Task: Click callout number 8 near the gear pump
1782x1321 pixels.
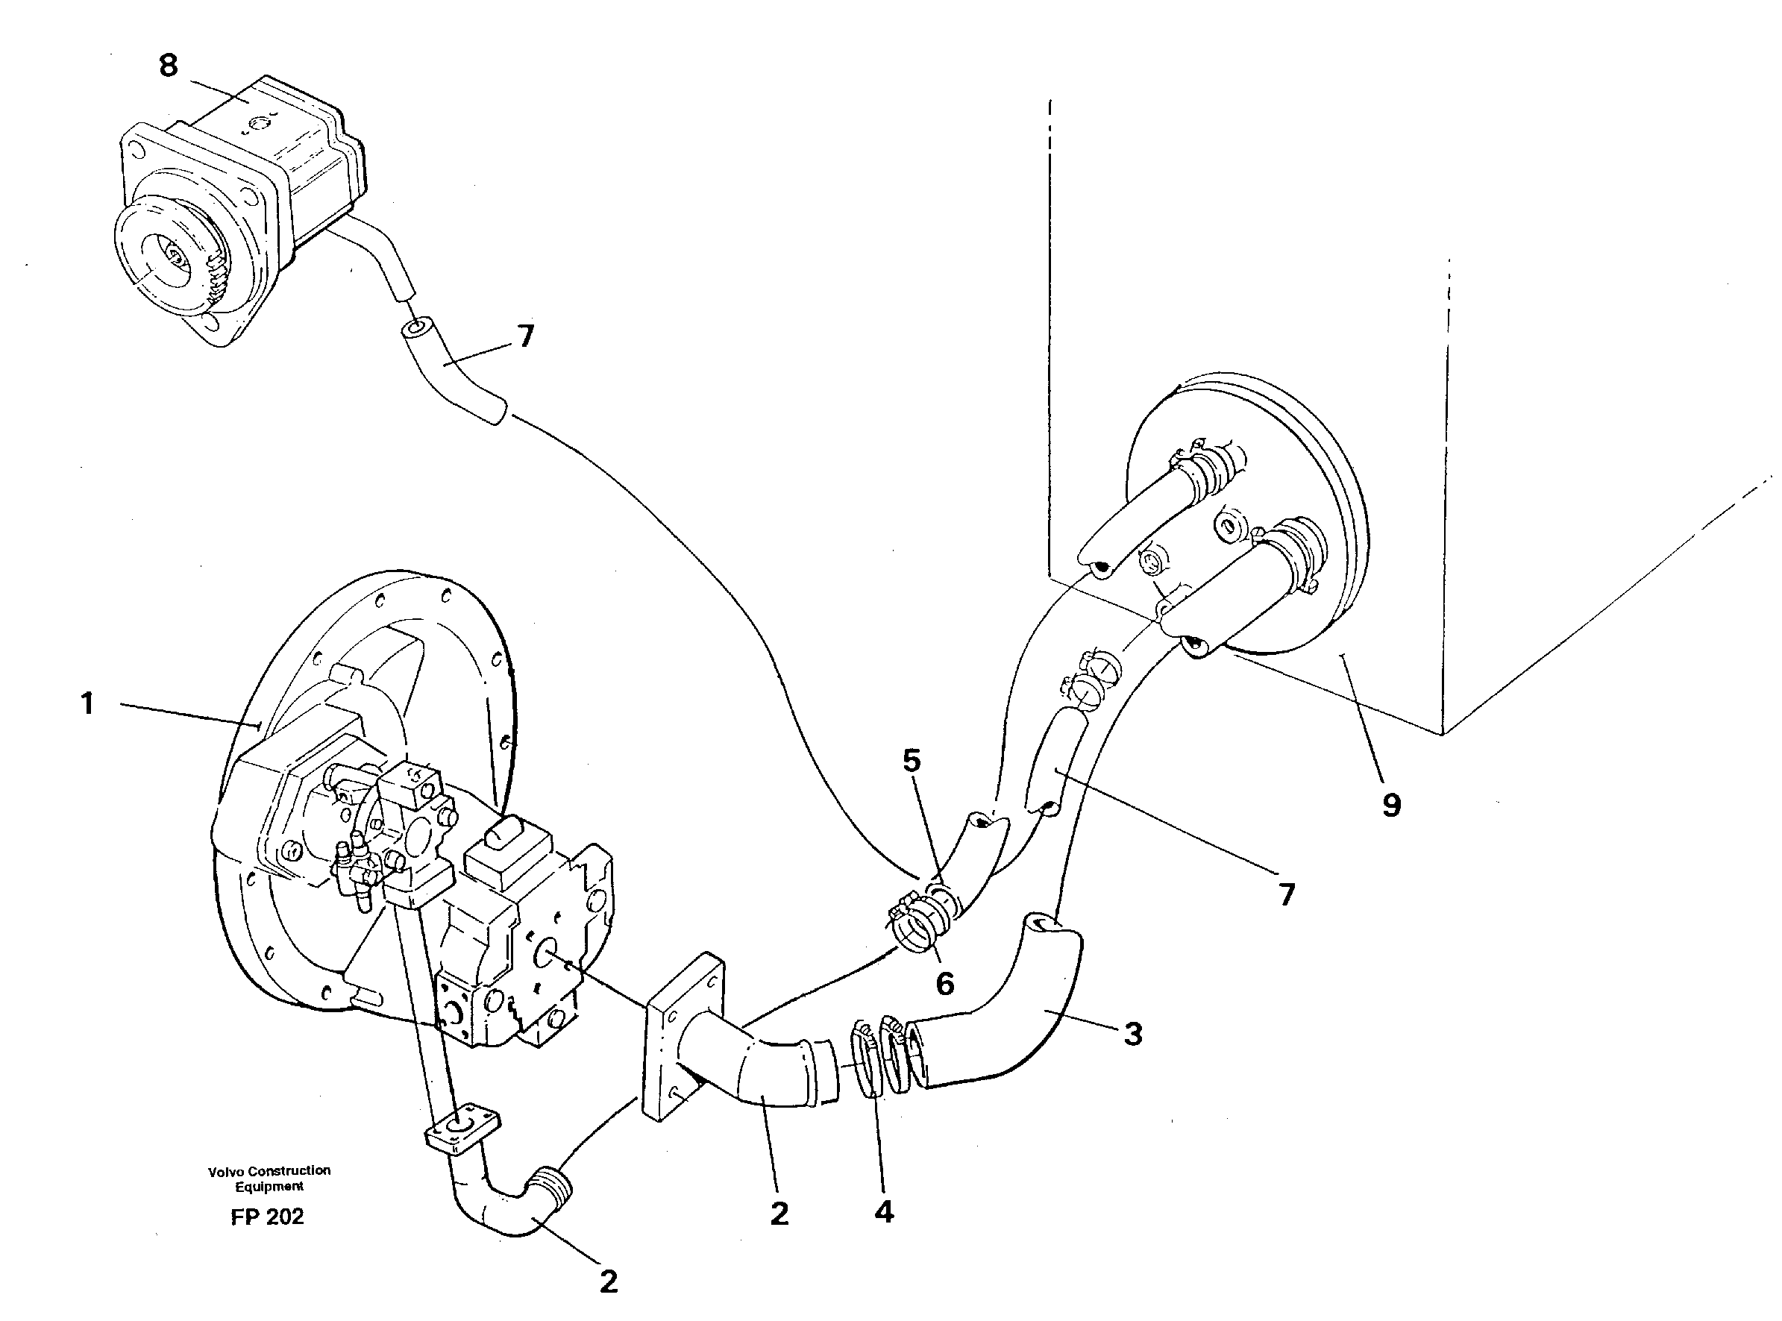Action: coord(168,66)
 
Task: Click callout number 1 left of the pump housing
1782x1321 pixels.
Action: coord(88,704)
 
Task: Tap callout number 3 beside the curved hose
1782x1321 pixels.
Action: coord(1133,1034)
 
